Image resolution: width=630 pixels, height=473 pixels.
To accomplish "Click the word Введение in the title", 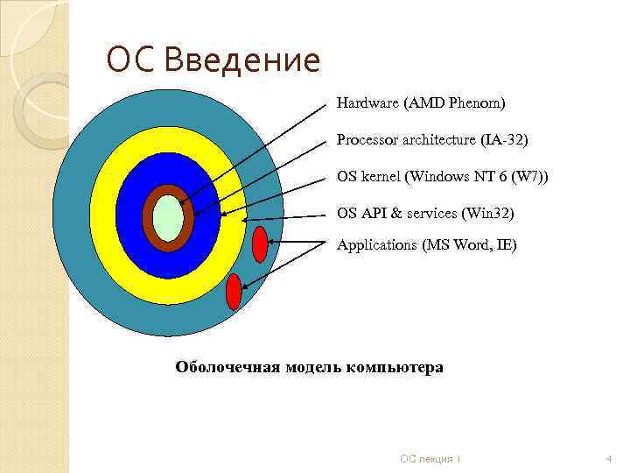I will tap(242, 61).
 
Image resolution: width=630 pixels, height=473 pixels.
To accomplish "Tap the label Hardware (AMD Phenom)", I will tap(421, 103).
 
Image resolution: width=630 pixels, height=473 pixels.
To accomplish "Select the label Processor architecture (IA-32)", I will tap(433, 139).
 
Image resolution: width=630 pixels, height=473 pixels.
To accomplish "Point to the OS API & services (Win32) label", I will tap(426, 213).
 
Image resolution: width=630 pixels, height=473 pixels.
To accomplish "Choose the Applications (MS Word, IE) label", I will tap(427, 245).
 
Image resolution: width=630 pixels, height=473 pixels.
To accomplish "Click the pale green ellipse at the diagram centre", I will tap(168, 219).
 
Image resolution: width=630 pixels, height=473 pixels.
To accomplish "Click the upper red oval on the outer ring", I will tap(260, 244).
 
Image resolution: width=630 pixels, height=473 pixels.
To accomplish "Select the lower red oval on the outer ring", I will tap(234, 292).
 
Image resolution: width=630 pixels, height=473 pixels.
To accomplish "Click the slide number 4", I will tap(608, 458).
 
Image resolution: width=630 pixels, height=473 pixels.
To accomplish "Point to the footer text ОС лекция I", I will tap(430, 458).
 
